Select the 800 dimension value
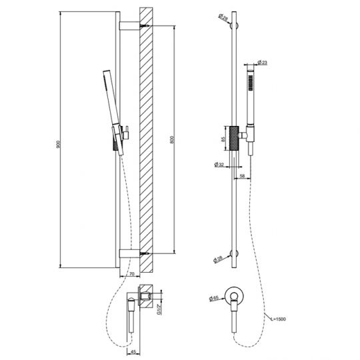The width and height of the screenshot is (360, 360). [x=173, y=140]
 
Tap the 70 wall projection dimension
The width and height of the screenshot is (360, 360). [x=132, y=273]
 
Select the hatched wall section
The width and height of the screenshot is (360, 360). [x=147, y=140]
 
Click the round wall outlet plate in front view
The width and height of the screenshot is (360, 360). [x=235, y=295]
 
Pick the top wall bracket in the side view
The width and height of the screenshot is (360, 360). [x=131, y=26]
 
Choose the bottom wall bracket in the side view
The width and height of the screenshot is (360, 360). [x=131, y=252]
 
